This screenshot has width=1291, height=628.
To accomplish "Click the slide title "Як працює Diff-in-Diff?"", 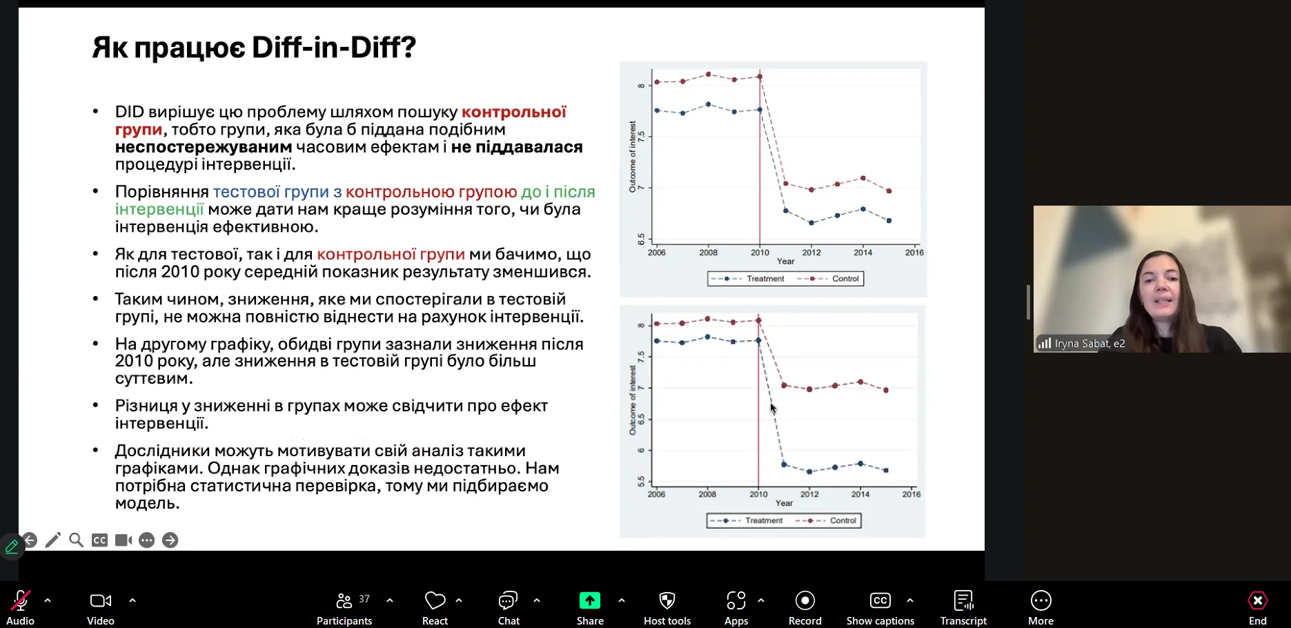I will tap(254, 48).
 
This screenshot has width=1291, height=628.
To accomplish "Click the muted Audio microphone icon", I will tap(20, 601).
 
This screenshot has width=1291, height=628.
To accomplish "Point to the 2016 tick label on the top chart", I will tap(914, 253).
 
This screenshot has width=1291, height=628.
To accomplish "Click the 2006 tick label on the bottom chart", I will tap(656, 494).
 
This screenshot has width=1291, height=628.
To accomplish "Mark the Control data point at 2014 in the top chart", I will tap(863, 178).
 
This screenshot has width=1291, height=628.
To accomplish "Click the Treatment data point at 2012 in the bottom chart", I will tap(809, 472).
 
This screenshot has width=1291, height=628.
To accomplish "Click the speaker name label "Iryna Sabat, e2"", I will tap(1090, 344).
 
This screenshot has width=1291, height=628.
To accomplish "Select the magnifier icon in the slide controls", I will tap(76, 540).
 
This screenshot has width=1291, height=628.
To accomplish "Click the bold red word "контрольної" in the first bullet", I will tap(513, 112).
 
